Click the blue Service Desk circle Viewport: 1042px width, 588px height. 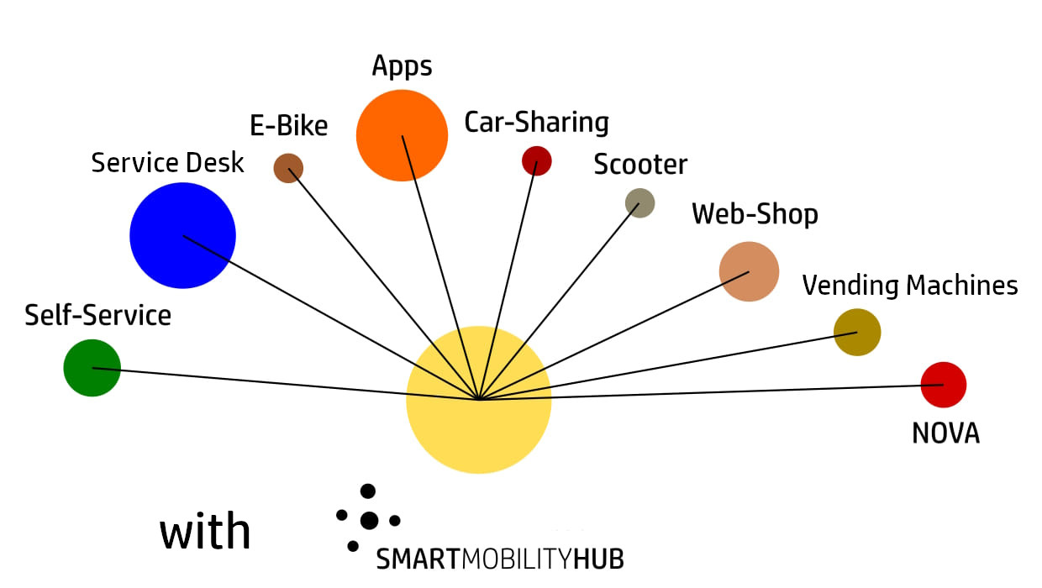pos(182,236)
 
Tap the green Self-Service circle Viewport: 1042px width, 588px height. pos(92,368)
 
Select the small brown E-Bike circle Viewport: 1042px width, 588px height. pos(288,168)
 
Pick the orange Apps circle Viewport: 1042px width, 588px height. pos(402,135)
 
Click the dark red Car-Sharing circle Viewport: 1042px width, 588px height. pos(536,160)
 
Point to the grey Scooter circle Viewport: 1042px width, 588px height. pos(639,202)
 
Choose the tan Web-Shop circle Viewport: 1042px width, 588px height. pos(749,271)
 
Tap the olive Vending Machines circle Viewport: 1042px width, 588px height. pos(857,333)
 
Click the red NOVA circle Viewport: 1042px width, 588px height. pos(944,385)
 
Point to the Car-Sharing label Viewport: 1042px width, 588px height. pos(536,123)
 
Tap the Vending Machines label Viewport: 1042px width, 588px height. pos(910,286)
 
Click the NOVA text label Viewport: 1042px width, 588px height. pos(945,433)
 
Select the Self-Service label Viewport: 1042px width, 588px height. pos(97,316)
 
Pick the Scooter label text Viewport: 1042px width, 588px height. pos(640,165)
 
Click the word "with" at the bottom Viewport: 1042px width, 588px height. pos(205,533)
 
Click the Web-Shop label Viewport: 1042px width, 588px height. pos(755,214)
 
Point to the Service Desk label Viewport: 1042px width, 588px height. pos(167,163)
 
